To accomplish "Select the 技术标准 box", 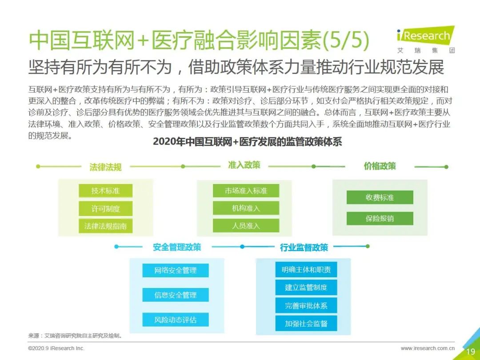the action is point(106,191).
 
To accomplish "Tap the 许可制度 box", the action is point(106,208).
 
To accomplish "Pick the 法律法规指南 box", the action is point(106,226).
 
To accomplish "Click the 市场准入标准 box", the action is point(246,191).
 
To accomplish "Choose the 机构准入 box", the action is point(246,208).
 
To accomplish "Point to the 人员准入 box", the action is point(246,226).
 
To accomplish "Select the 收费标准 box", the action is point(380,197).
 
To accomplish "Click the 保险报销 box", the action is point(380,218).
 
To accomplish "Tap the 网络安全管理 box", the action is point(176,270).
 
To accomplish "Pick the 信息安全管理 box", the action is point(176,295).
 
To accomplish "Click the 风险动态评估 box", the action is point(176,320).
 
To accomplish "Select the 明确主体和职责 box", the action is point(306,269).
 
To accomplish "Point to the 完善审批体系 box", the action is point(306,305).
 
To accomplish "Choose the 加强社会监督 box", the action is point(306,324).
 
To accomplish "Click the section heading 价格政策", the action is point(380,166).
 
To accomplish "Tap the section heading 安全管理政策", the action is point(177,247).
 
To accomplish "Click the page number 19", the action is point(471,352).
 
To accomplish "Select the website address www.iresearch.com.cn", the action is point(428,348).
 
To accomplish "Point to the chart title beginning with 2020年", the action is point(248,141).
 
